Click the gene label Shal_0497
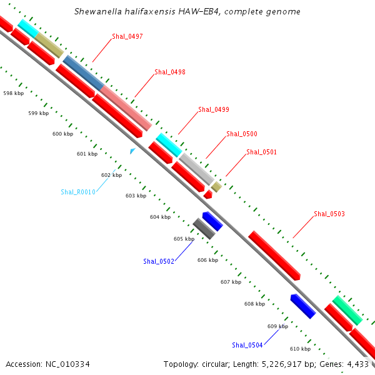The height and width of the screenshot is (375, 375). (127, 36)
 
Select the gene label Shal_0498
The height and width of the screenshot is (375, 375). (170, 72)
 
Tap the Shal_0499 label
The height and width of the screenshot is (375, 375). (214, 109)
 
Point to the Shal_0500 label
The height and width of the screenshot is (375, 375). (242, 134)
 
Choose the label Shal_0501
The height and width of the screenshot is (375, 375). (261, 152)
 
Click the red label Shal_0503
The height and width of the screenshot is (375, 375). (329, 214)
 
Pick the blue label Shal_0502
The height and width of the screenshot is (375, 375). (159, 261)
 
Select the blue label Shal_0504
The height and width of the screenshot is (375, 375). (247, 345)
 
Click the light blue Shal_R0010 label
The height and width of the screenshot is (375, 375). (78, 192)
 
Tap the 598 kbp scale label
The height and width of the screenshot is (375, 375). (13, 93)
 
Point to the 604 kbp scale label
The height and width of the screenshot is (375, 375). (160, 217)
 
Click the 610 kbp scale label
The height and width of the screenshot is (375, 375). (301, 349)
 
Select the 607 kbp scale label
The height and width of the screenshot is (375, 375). (231, 282)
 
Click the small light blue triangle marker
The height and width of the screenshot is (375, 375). (132, 151)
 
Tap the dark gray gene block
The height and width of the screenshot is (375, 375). (204, 228)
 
